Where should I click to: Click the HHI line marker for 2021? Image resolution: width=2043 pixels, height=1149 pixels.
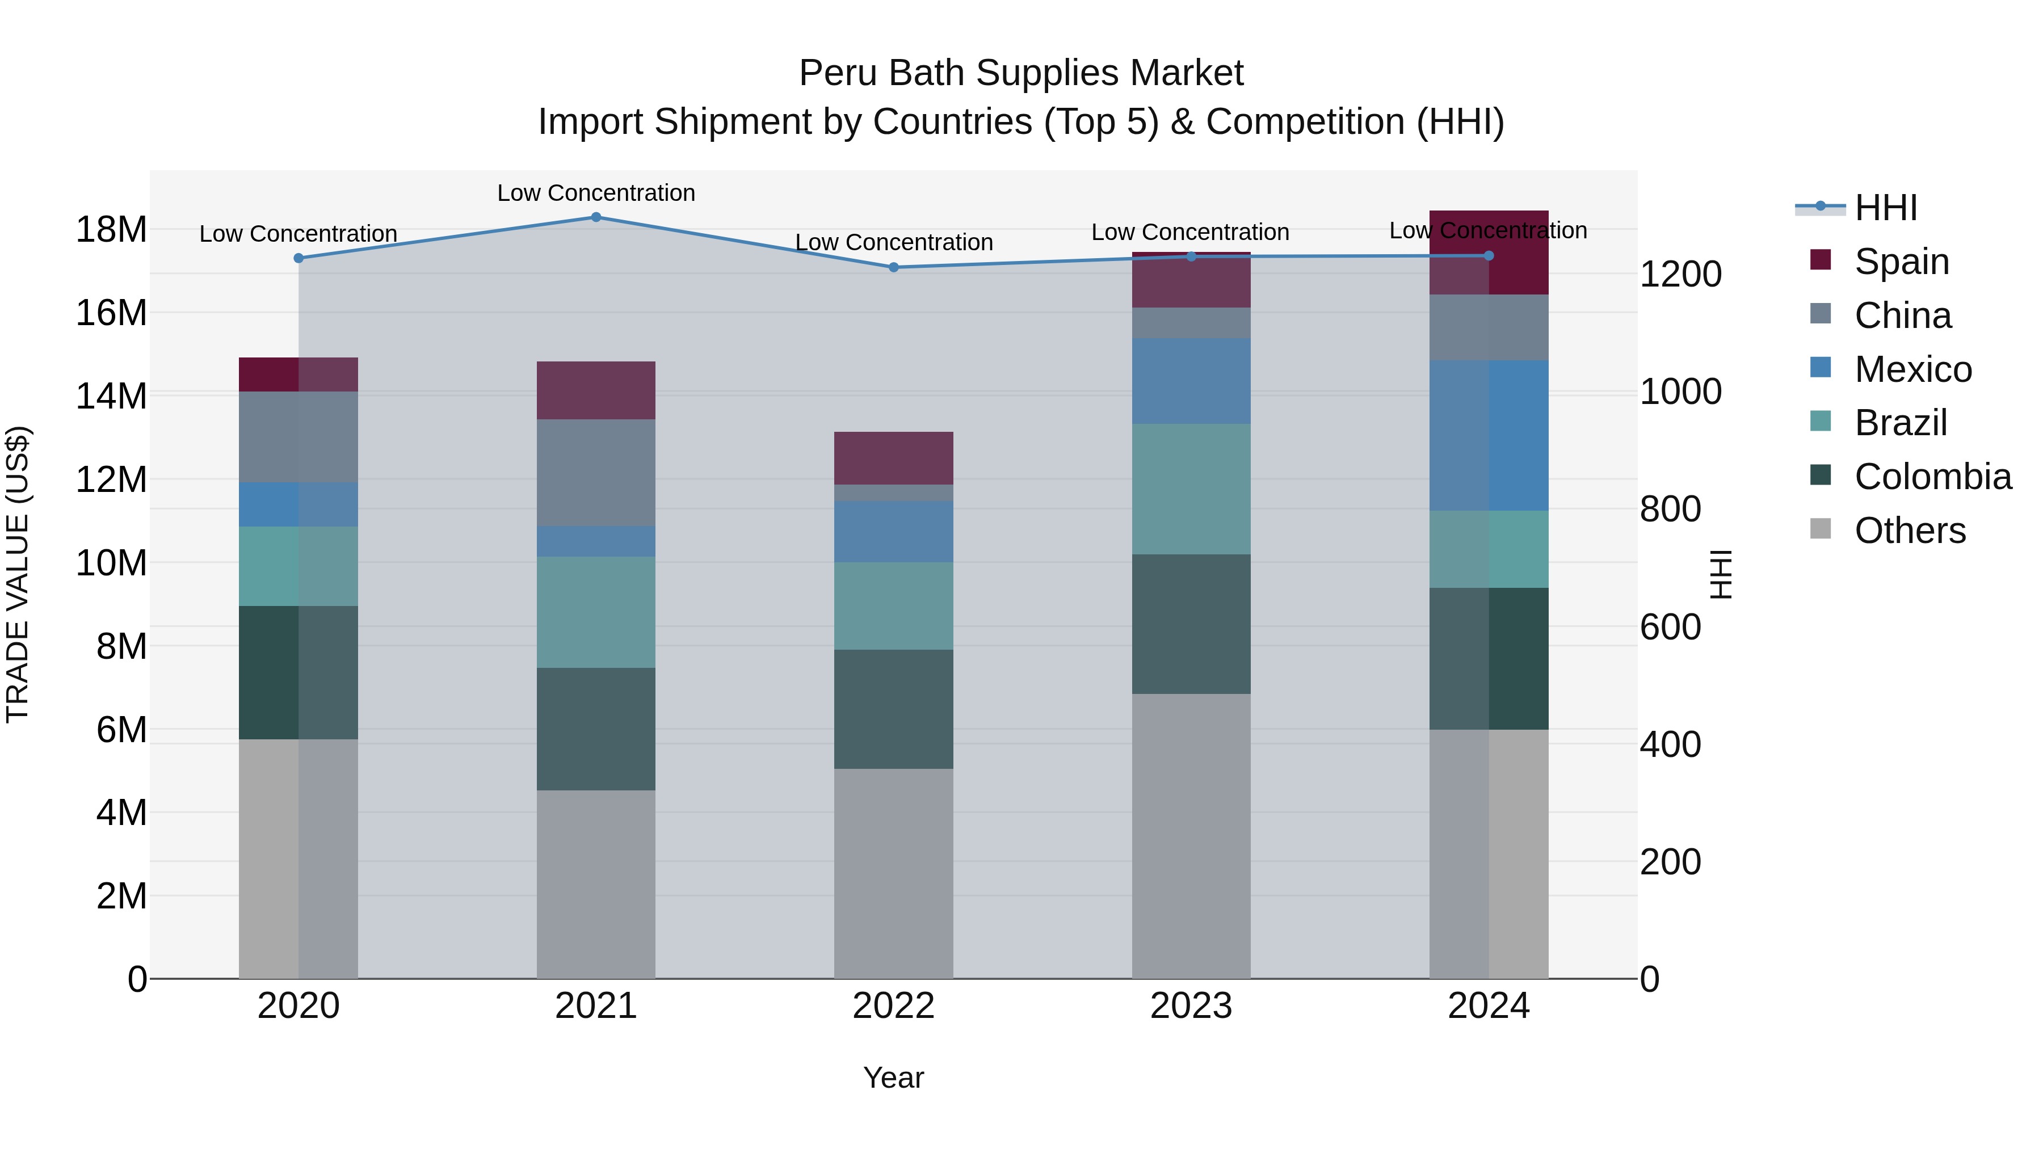pyautogui.click(x=596, y=217)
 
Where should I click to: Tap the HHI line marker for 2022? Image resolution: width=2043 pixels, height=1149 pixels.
pyautogui.click(x=893, y=267)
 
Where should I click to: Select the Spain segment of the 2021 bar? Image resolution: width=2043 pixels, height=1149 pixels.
pyautogui.click(x=596, y=390)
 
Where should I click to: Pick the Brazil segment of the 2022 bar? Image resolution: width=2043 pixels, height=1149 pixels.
pyautogui.click(x=893, y=606)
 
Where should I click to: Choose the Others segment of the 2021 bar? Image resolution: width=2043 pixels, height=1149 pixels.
pyautogui.click(x=596, y=883)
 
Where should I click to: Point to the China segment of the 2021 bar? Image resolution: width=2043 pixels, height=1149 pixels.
pyautogui.click(x=596, y=473)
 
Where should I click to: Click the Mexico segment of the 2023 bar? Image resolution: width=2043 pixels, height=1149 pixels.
pyautogui.click(x=1191, y=381)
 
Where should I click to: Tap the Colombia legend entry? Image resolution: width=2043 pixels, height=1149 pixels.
pyautogui.click(x=1932, y=477)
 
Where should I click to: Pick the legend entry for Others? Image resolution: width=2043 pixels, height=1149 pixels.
pyautogui.click(x=1909, y=531)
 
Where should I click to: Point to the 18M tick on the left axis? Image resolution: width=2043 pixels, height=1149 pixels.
pyautogui.click(x=111, y=229)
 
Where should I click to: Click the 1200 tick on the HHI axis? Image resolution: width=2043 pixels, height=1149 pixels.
pyautogui.click(x=1680, y=275)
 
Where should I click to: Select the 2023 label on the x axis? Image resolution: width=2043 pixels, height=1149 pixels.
pyautogui.click(x=1191, y=1006)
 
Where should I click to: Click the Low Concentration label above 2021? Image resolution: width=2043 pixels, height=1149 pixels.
pyautogui.click(x=596, y=193)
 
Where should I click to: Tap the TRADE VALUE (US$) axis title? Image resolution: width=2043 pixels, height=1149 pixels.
pyautogui.click(x=18, y=574)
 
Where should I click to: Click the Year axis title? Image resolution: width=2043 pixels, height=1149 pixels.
pyautogui.click(x=893, y=1078)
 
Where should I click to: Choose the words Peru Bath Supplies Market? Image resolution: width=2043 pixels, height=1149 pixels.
pyautogui.click(x=1021, y=73)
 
